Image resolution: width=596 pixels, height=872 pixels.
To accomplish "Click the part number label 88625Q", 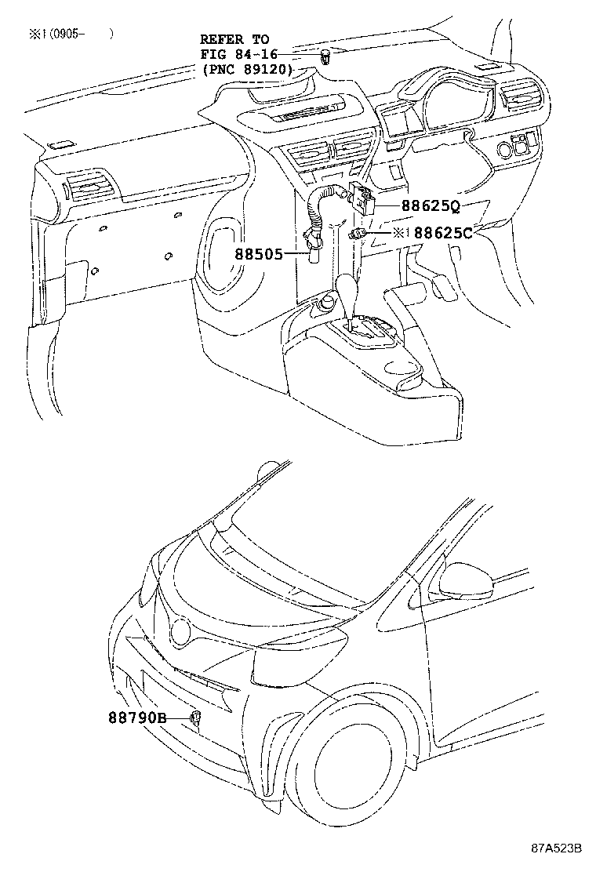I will [431, 207].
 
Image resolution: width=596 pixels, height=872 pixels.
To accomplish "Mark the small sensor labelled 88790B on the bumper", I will [194, 716].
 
